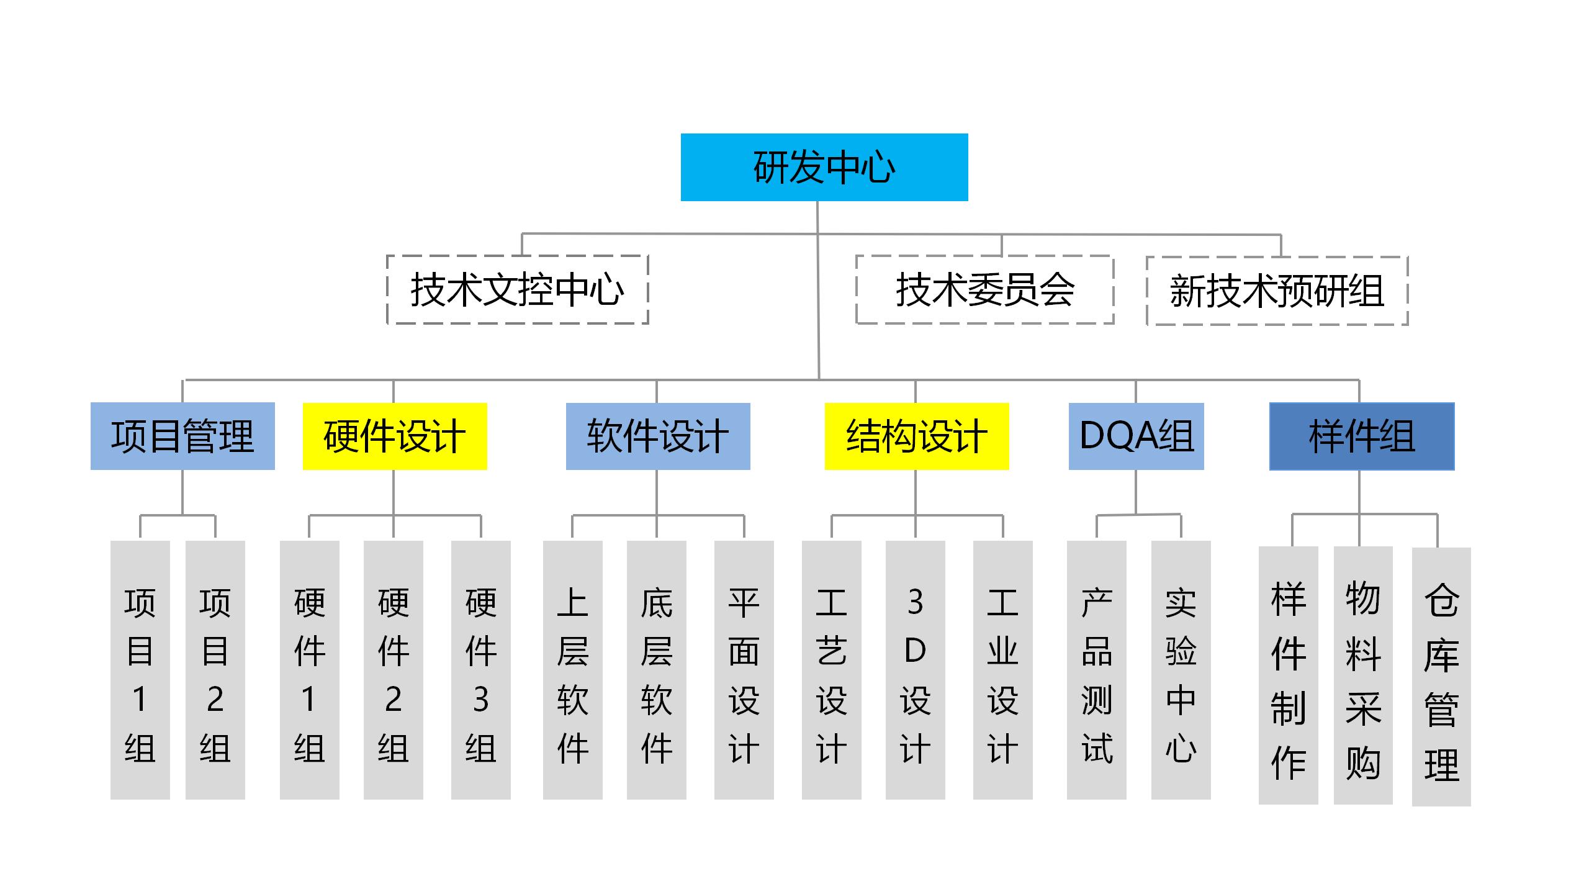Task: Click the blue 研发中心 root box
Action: [824, 167]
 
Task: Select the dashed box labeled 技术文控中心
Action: [517, 289]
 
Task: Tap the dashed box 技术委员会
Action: [984, 289]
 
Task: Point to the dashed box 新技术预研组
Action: [1277, 291]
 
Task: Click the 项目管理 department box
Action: [182, 436]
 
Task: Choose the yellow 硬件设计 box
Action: [395, 436]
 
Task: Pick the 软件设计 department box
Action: [658, 436]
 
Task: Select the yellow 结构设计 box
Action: [917, 436]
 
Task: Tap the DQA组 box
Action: [1136, 436]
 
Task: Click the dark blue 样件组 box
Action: [1362, 436]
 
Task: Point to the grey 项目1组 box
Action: [140, 669]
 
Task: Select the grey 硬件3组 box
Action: [481, 669]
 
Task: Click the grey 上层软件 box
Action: [573, 669]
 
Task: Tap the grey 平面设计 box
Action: [744, 669]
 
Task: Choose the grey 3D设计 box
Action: [916, 669]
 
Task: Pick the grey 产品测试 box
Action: [1097, 669]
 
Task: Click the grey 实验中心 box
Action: [1181, 669]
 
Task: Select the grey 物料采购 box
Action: [1363, 675]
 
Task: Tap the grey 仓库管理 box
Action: [1441, 676]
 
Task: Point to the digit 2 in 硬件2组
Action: [394, 700]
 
